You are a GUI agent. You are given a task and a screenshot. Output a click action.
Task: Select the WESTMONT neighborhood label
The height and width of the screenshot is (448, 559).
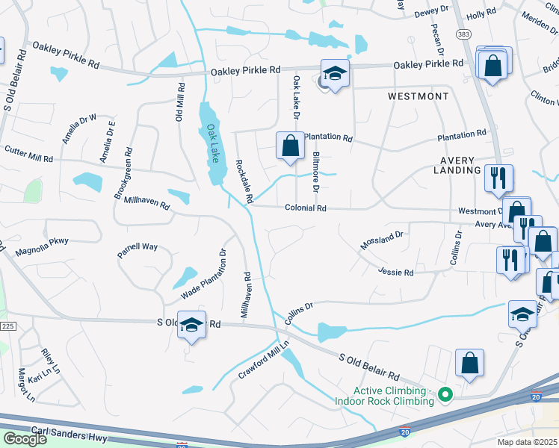pos(419,96)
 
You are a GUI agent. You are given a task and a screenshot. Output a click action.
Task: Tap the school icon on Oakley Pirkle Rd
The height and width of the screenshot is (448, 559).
pos(336,74)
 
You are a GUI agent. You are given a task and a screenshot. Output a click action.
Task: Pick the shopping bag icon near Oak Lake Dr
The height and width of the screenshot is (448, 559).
pos(290,146)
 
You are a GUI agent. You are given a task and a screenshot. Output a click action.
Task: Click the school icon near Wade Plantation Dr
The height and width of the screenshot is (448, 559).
pos(192,326)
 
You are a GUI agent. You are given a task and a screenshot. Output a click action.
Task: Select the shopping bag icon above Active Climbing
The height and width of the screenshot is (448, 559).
pos(469,364)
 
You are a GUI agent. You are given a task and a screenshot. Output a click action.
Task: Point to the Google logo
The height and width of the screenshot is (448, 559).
pos(24,439)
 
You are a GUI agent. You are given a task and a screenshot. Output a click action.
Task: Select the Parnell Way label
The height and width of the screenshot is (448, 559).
pos(138,249)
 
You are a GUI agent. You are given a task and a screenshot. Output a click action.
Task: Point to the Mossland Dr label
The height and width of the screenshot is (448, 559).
pos(381,240)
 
